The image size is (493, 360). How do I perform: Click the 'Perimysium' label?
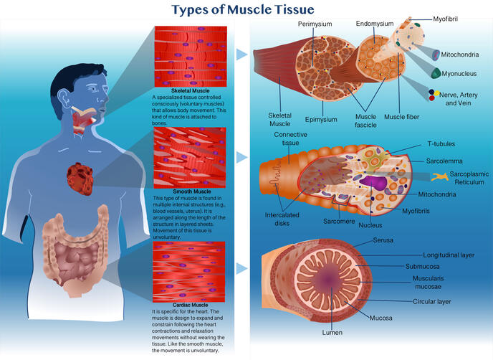pyautogui.click(x=315, y=24)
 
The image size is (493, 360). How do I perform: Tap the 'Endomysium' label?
pyautogui.click(x=375, y=24)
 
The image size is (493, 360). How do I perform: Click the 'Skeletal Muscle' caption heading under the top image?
pyautogui.click(x=191, y=90)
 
